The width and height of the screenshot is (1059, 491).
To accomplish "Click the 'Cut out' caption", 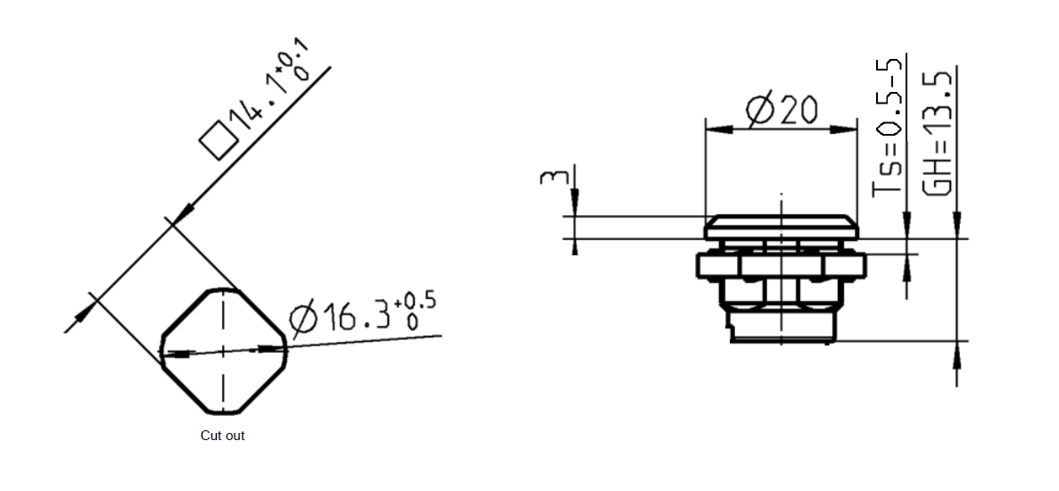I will coord(222,436).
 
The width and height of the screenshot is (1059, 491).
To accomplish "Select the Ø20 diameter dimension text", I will coord(780,110).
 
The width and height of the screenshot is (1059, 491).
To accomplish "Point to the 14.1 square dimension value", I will coord(259,112).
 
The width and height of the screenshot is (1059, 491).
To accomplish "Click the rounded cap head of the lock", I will coord(781,227).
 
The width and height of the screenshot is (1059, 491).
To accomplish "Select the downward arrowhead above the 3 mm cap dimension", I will coord(575,205).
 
